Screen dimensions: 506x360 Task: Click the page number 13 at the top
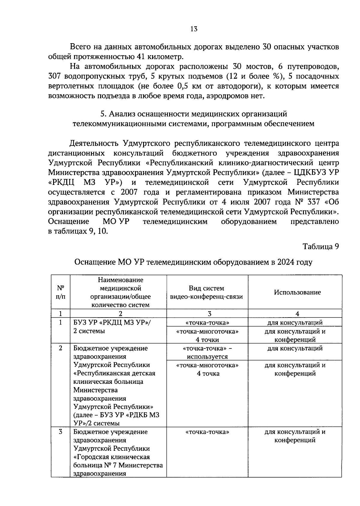(194, 29)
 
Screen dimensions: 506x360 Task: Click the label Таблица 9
(320, 247)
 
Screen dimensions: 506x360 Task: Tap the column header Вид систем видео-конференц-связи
(206, 292)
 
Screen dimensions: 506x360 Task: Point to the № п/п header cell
(61, 292)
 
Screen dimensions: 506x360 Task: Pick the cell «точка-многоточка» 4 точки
(207, 336)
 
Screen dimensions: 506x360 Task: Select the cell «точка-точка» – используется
(207, 352)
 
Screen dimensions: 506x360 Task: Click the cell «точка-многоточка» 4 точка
(207, 369)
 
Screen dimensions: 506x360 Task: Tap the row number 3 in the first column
(61, 432)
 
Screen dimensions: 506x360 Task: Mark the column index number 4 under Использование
(297, 314)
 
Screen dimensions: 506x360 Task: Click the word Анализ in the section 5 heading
(120, 114)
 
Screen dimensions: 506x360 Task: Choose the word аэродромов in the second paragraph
(226, 96)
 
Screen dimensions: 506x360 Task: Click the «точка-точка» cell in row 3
(207, 432)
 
